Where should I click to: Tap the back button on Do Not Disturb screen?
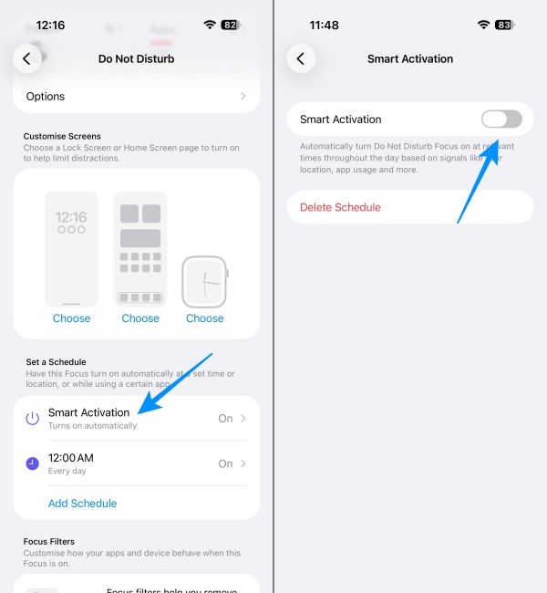[x=26, y=59]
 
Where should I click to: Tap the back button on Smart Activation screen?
[x=301, y=59]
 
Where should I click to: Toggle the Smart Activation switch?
[x=501, y=120]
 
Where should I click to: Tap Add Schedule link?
[x=82, y=503]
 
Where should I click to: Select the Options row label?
[x=46, y=96]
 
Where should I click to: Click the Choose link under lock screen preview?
[x=71, y=318]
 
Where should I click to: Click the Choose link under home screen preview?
[x=140, y=318]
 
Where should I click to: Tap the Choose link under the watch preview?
[x=204, y=318]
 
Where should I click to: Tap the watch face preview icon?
[x=204, y=281]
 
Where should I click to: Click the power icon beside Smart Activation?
[x=32, y=418]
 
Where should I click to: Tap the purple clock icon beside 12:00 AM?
[x=32, y=463]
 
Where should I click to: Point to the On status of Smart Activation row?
[x=225, y=418]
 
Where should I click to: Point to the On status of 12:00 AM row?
[x=225, y=463]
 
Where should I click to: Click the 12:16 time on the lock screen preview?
[x=71, y=218]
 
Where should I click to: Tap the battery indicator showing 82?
[x=231, y=25]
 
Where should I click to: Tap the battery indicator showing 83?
[x=503, y=25]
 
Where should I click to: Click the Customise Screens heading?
[x=62, y=136]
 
